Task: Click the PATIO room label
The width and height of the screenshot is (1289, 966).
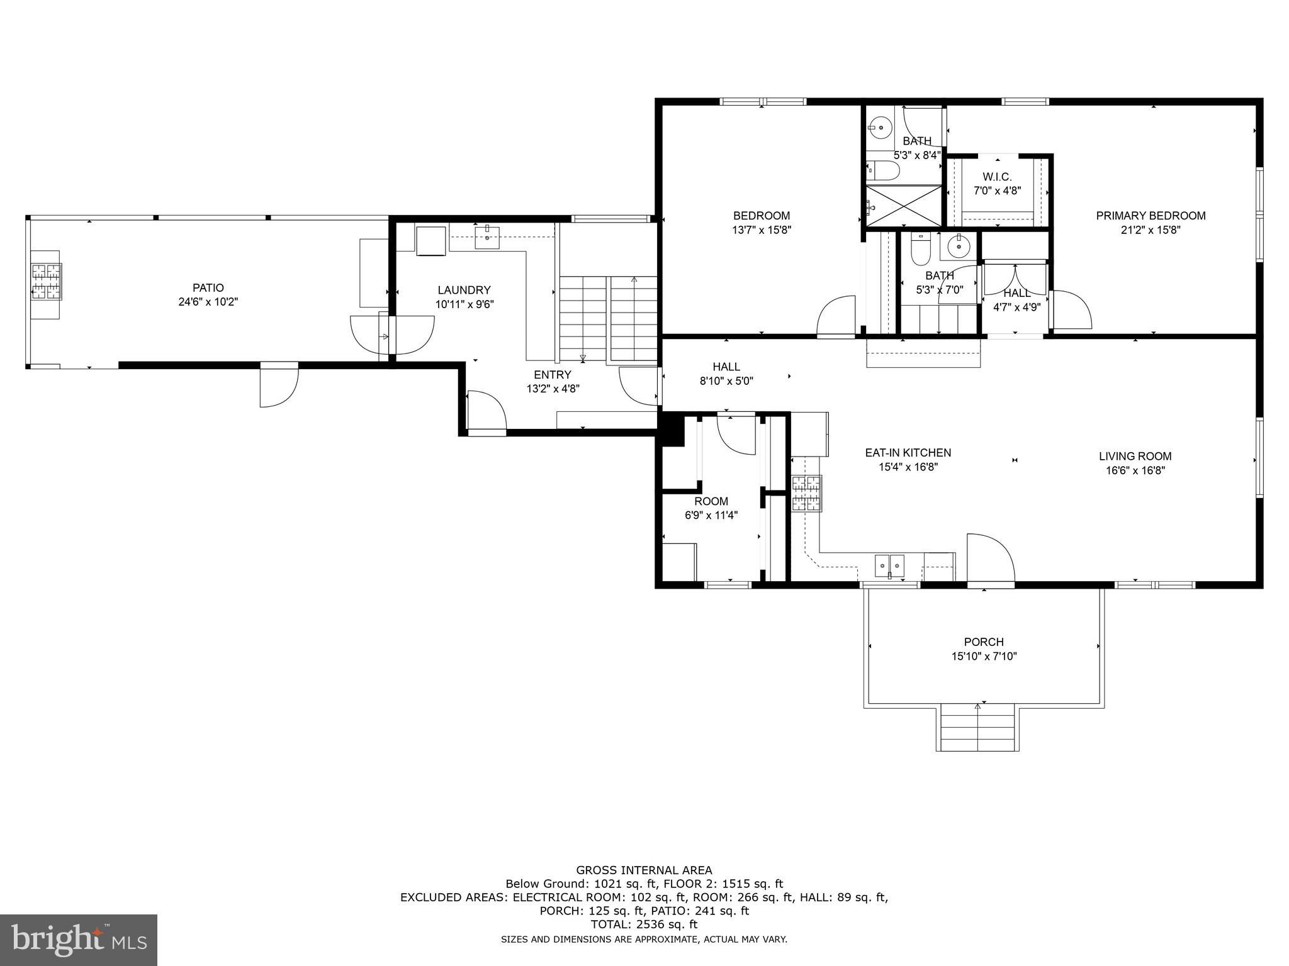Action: [x=208, y=288]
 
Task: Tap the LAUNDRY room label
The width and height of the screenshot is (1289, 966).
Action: [x=464, y=291]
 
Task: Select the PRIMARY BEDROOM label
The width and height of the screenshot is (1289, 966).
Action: [x=1151, y=216]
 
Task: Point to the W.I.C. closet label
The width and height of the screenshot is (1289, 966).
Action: [x=997, y=177]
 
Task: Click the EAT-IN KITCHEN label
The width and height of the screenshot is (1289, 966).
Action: [x=908, y=453]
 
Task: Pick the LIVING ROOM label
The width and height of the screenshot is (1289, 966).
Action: [x=1135, y=457]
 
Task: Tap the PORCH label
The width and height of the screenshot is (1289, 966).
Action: [x=984, y=642]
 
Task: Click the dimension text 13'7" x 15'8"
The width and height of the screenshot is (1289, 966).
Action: [x=761, y=230]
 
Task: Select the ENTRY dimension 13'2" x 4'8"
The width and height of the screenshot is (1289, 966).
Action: [x=553, y=389]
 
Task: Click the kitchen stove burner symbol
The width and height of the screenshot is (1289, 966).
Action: [x=807, y=494]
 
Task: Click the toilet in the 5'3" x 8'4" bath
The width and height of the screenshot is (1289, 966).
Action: [x=884, y=170]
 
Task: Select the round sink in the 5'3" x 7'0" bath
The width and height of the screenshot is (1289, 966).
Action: [x=959, y=247]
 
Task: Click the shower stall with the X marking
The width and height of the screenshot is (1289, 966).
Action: [x=904, y=206]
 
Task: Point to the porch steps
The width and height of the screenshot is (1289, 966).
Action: [x=977, y=727]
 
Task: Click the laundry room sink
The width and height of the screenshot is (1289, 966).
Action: [x=487, y=236]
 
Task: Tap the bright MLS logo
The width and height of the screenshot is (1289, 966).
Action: [x=79, y=940]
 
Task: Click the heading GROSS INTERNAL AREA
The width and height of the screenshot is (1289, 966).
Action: [x=644, y=870]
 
